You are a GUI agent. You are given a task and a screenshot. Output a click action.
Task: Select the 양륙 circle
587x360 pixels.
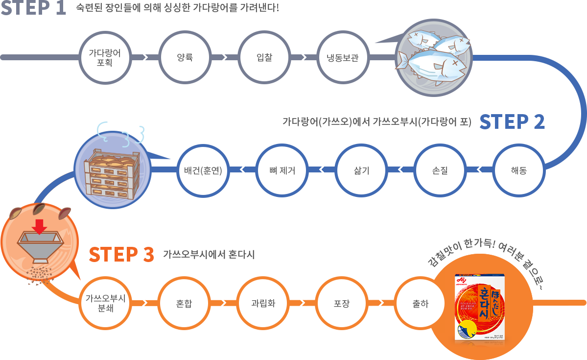tap(185, 58)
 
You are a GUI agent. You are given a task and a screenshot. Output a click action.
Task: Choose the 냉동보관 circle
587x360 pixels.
tap(343, 58)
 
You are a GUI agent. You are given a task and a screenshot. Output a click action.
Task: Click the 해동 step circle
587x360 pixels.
tap(518, 170)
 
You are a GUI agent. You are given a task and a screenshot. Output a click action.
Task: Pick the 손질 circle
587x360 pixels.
tap(440, 170)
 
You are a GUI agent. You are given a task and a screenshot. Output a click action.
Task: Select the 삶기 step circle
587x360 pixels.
tap(361, 170)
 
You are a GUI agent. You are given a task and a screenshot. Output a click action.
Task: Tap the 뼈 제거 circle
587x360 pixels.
tap(282, 170)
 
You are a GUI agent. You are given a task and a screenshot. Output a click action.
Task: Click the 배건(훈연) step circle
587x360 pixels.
tap(203, 170)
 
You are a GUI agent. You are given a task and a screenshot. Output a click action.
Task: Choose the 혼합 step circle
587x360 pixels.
tap(184, 303)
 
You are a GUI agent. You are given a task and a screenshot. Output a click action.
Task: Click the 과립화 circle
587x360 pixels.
tap(263, 303)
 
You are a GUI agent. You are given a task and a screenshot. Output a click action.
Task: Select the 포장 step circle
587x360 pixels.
tap(341, 303)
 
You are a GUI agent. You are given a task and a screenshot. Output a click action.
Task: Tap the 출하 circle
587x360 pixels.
tap(420, 303)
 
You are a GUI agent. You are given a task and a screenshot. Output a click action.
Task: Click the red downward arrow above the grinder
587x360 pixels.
tap(41, 226)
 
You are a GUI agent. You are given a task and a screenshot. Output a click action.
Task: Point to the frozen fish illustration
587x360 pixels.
tap(434, 58)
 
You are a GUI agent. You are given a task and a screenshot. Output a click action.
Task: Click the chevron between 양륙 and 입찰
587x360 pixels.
tap(224, 58)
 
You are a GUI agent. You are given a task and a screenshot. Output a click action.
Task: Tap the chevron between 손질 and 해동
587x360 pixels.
tap(479, 170)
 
